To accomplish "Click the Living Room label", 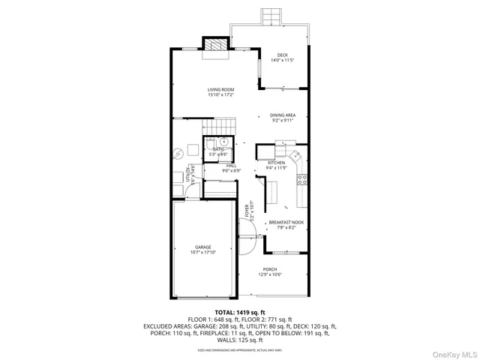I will coord(221,90).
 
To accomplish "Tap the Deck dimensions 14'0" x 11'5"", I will coord(282,60).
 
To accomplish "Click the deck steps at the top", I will coord(270,16).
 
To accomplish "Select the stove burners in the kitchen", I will coord(302,178).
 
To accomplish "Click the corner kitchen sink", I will coord(295,158).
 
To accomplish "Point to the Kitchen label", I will coord(277,163).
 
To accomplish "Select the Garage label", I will coord(203,247).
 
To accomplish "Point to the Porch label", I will coord(270,269).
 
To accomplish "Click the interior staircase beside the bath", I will coord(218,125).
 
